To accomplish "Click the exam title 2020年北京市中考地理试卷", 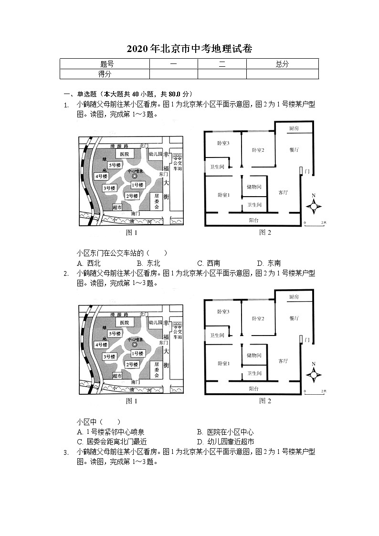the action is tap(189, 49).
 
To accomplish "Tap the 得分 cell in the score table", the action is tap(105, 74).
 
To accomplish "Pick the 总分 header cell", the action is tap(282, 64).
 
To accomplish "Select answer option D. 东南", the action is tap(269, 263).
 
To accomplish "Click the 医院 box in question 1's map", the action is tap(125, 154).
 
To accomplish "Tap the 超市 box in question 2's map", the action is tap(117, 376).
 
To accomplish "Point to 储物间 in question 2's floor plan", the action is tap(254, 356).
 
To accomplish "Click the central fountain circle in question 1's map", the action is tap(135, 176).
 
